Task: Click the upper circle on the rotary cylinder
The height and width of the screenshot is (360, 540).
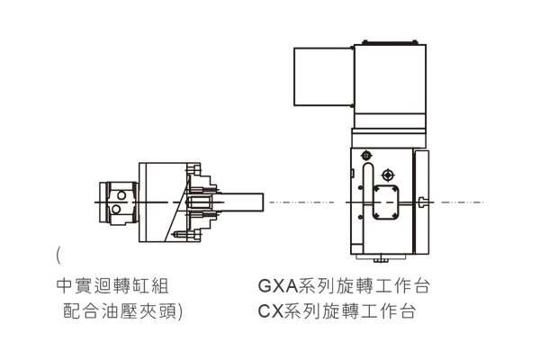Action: click(121, 195)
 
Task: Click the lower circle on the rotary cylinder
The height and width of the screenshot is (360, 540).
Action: click(116, 209)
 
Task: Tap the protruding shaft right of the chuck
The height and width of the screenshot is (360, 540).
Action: click(241, 202)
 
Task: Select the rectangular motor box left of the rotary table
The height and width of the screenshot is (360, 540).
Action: click(324, 76)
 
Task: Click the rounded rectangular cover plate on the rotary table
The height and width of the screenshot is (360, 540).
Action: click(386, 202)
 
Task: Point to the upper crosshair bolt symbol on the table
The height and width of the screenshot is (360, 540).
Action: click(366, 156)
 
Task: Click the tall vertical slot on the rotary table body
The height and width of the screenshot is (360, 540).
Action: click(368, 191)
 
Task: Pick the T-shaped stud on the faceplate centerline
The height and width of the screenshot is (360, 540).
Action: click(423, 202)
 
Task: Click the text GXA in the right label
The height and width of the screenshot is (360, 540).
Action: click(278, 286)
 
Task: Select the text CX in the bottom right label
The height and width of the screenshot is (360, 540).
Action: click(270, 311)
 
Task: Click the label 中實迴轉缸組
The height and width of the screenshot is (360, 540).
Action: click(112, 286)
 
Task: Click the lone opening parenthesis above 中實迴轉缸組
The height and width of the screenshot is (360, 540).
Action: click(58, 256)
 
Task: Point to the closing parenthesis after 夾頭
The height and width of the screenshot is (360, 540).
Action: click(180, 311)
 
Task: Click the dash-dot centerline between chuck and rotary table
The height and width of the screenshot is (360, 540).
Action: click(301, 202)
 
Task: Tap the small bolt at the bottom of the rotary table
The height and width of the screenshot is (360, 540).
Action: click(380, 258)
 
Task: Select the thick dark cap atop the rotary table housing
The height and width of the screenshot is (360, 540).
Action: click(391, 42)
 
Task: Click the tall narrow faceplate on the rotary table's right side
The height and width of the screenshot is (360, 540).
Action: click(421, 202)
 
